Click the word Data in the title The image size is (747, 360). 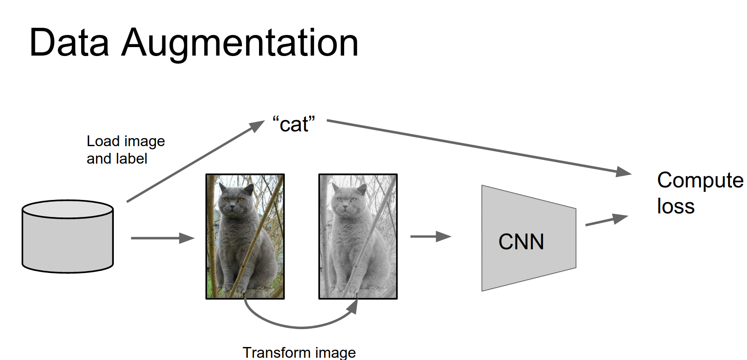(69, 43)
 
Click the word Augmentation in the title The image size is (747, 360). (240, 45)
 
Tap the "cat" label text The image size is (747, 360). (294, 124)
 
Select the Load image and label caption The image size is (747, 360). (126, 150)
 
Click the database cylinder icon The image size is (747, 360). (68, 237)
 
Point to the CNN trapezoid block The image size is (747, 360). (529, 238)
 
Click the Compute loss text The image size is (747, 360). (700, 193)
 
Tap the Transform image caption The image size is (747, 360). (299, 353)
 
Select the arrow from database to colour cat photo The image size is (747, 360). (163, 238)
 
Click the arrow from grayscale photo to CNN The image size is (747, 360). (431, 237)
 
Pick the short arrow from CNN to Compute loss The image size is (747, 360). (607, 220)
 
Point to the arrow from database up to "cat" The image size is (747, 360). (196, 161)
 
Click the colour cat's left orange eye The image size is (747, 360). (226, 200)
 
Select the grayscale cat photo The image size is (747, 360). (358, 236)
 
